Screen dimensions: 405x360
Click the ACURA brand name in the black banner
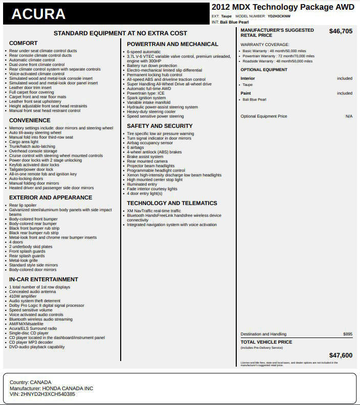[x=38, y=14]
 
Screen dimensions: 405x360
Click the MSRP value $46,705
[x=341, y=31]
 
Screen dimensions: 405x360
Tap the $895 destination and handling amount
[x=348, y=334]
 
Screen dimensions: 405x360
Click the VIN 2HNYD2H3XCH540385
[x=42, y=394]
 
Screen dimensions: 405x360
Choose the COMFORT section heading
[x=24, y=43]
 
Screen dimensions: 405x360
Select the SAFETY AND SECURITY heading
[x=160, y=126]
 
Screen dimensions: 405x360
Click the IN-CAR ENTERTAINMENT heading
[x=43, y=280]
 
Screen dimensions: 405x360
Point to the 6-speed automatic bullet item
[x=144, y=52]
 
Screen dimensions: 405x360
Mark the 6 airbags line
[x=136, y=147]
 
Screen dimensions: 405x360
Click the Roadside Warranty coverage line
[x=277, y=61]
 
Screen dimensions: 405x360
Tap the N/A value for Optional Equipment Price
[x=349, y=117]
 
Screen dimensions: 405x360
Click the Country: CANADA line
[x=30, y=382]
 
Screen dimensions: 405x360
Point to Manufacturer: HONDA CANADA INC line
[x=51, y=389]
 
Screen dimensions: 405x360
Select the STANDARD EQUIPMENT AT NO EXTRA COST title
[x=120, y=33]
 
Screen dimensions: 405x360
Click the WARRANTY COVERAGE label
[x=265, y=44]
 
